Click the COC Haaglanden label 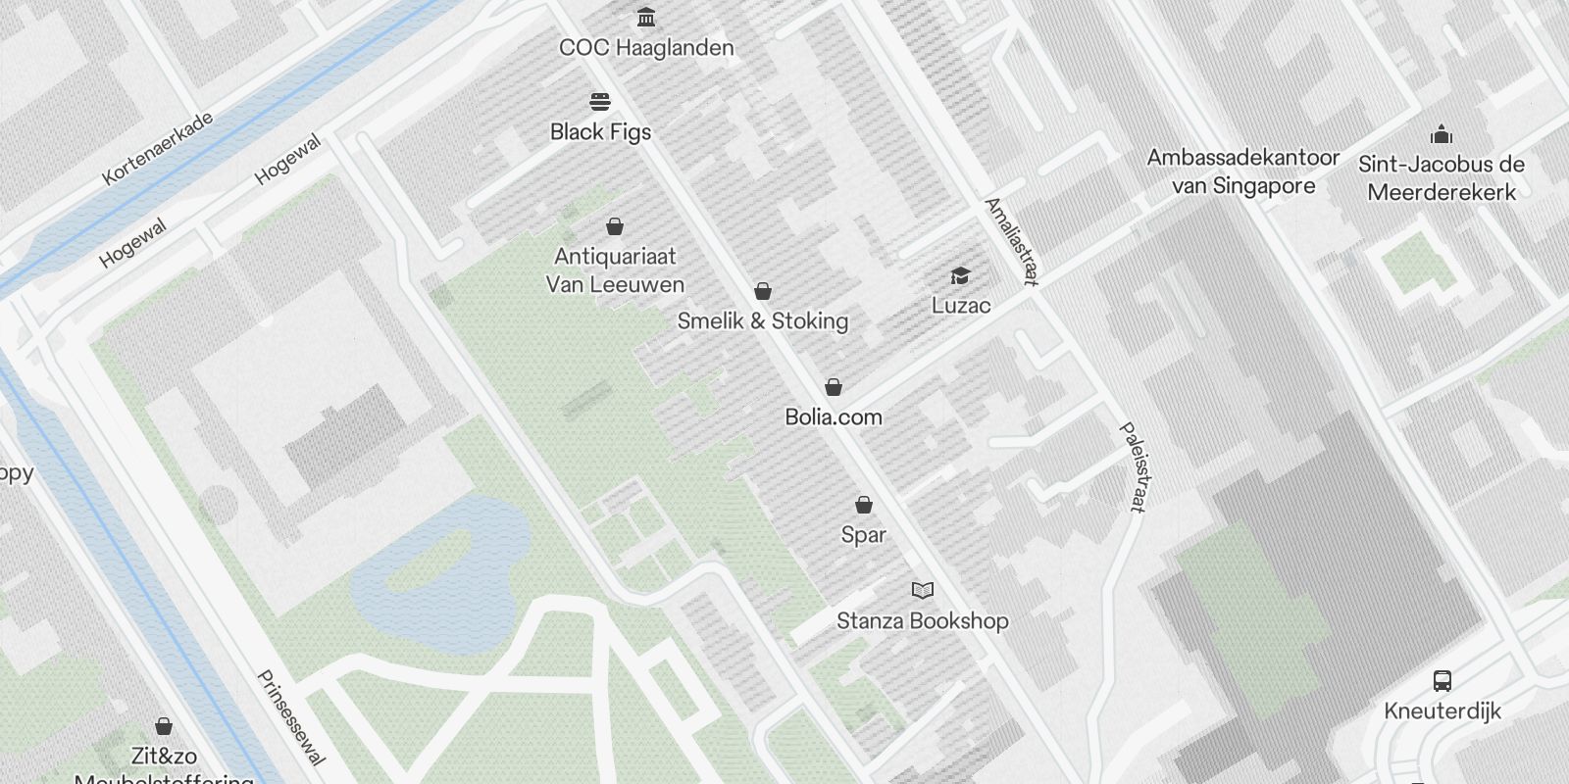[x=646, y=47]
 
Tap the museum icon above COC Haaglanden [x=646, y=18]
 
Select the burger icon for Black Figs [x=600, y=102]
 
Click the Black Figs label [x=600, y=131]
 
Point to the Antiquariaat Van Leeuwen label [x=615, y=270]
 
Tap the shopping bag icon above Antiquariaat [x=615, y=227]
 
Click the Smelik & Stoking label [x=763, y=320]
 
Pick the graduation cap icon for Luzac [x=960, y=276]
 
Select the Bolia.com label [x=834, y=416]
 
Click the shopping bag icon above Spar [x=864, y=505]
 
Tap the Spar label [x=864, y=534]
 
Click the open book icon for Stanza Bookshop [x=923, y=590]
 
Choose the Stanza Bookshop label [x=923, y=620]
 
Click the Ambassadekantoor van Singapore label [x=1243, y=171]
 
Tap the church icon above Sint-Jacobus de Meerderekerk [x=1442, y=134]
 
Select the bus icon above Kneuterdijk [x=1442, y=681]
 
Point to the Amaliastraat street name [x=1011, y=241]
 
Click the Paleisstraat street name [x=1133, y=467]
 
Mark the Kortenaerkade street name [x=158, y=149]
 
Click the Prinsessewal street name [x=290, y=717]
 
